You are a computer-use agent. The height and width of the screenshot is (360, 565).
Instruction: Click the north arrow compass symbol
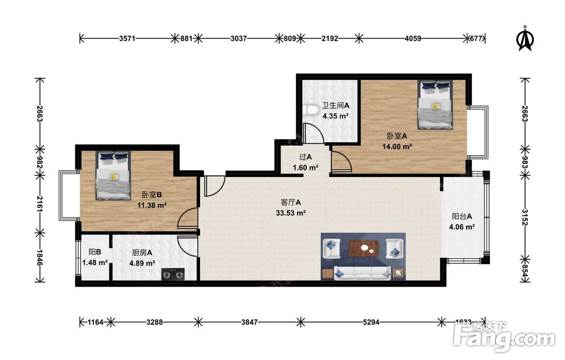tap(525, 38)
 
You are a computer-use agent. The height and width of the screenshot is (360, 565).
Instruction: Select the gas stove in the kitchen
tap(173, 274)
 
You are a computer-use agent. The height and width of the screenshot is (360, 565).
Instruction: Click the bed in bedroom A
tap(435, 105)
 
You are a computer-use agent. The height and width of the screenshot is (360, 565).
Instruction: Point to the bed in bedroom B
tap(113, 176)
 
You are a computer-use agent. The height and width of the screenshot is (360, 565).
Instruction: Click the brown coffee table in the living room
tap(363, 249)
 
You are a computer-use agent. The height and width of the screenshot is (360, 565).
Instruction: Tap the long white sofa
tap(363, 273)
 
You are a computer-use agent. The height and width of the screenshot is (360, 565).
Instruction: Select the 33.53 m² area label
tap(291, 213)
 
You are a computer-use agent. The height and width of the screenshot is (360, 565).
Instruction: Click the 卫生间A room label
tap(336, 106)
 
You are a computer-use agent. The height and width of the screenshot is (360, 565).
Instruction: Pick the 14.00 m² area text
tap(397, 147)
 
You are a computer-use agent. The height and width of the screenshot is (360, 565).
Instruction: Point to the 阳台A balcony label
tap(462, 216)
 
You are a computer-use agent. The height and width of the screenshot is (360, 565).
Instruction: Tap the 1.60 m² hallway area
tap(305, 168)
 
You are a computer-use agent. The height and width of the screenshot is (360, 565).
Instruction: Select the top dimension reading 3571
tap(127, 38)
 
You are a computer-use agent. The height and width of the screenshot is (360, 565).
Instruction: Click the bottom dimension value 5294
tap(371, 322)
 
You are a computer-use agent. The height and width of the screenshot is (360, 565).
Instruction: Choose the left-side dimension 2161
tap(40, 205)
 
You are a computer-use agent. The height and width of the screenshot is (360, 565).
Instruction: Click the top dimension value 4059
tap(413, 38)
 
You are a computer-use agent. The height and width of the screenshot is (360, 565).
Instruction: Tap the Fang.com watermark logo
tap(504, 337)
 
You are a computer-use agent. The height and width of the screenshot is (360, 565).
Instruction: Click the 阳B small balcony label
tap(95, 252)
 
